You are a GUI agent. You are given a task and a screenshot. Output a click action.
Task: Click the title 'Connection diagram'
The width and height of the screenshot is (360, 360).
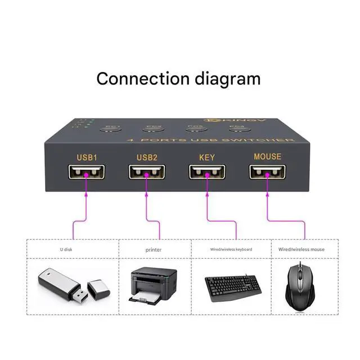tap(178, 78)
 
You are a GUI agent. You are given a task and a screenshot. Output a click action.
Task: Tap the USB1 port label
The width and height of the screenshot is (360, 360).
tap(87, 157)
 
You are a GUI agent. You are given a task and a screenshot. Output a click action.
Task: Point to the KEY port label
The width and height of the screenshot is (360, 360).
tap(206, 157)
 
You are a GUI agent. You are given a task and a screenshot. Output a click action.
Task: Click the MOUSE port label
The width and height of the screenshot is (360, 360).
tap(267, 157)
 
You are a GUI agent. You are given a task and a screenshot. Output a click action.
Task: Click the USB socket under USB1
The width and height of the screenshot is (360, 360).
tap(86, 173)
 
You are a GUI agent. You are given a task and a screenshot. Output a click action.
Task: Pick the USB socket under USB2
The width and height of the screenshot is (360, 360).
tap(146, 173)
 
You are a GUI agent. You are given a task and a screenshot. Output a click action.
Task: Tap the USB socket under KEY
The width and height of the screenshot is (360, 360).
tap(206, 172)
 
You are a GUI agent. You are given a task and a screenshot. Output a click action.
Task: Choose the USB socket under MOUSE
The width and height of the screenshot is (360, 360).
tap(267, 172)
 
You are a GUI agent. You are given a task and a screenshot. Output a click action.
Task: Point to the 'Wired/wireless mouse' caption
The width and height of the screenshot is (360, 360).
tap(301, 249)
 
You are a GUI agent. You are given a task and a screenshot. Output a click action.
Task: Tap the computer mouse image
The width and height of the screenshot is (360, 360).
tap(301, 286)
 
